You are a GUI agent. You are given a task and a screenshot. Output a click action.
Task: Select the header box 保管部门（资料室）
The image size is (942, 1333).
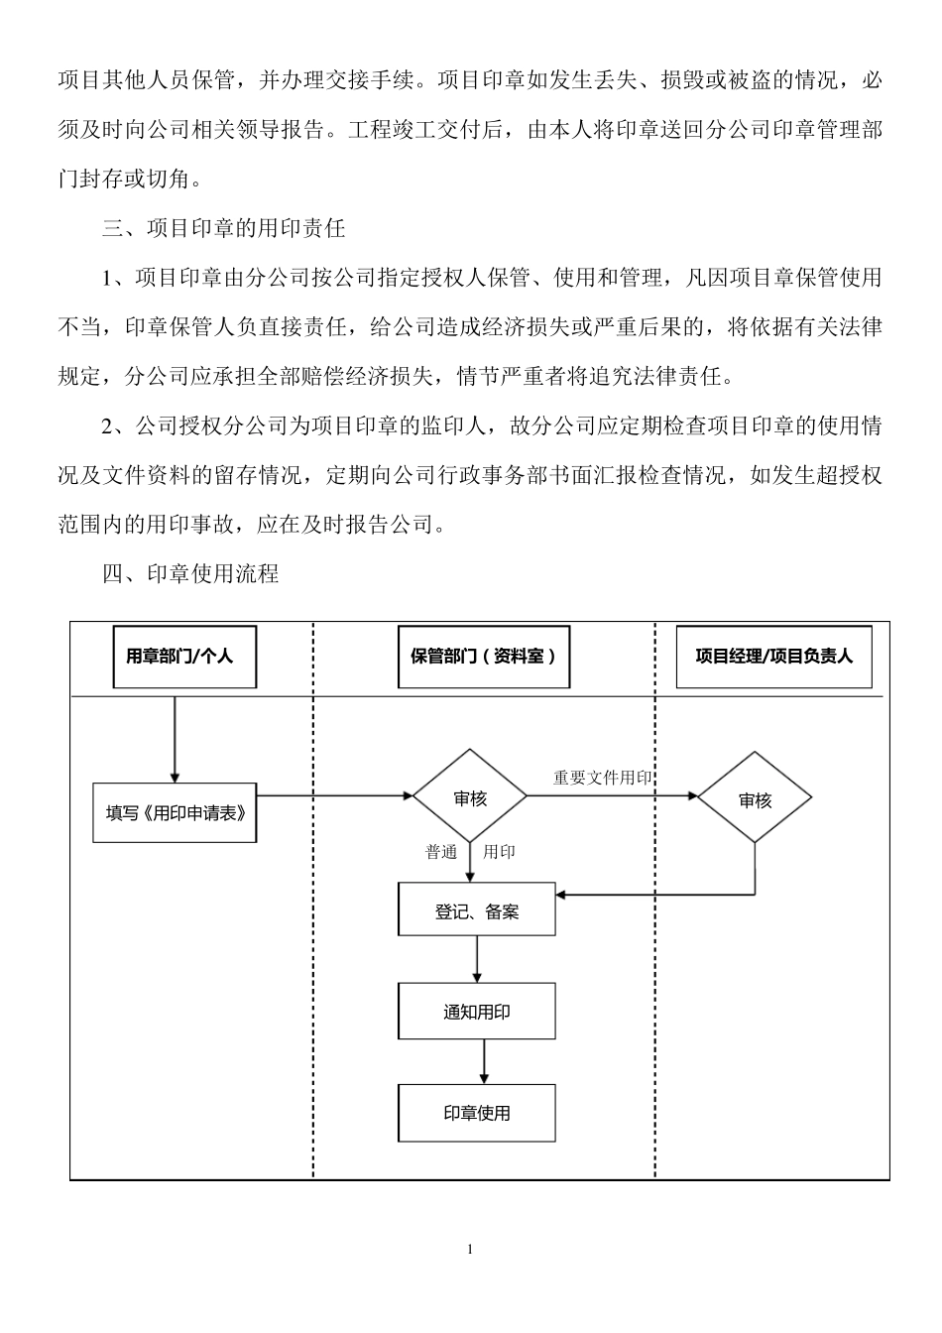pyautogui.click(x=483, y=656)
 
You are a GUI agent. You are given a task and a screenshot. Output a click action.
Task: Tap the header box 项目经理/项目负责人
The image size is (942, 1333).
pyautogui.click(x=773, y=656)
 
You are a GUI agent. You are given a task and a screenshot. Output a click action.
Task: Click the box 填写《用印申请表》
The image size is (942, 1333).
pyautogui.click(x=175, y=812)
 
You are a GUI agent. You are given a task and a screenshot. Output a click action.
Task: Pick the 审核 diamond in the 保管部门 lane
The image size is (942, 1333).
pyautogui.click(x=470, y=797)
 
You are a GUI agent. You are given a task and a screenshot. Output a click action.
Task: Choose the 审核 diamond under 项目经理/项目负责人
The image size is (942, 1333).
pyautogui.click(x=755, y=798)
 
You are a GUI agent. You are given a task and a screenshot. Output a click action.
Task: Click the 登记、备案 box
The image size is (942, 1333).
pyautogui.click(x=476, y=909)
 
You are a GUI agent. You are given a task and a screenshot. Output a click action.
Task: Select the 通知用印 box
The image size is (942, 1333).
pyautogui.click(x=476, y=1012)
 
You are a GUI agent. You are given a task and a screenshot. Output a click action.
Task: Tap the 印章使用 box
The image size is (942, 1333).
pyautogui.click(x=476, y=1113)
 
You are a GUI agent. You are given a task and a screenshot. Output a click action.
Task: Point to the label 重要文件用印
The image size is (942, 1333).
pyautogui.click(x=602, y=778)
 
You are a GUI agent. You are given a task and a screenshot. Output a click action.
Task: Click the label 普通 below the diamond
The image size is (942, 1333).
pyautogui.click(x=441, y=852)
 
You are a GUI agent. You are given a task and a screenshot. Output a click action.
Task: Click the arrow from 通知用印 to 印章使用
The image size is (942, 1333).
pyautogui.click(x=484, y=1061)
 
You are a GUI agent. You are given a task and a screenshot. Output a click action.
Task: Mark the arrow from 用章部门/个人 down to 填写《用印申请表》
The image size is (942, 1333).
pyautogui.click(x=175, y=739)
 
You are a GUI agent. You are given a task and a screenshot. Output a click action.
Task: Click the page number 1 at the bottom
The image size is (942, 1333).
pyautogui.click(x=470, y=1249)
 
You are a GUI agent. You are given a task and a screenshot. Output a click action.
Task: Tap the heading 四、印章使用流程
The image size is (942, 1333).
pyautogui.click(x=190, y=573)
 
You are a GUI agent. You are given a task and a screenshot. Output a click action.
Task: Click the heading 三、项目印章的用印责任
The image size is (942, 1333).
pyautogui.click(x=223, y=228)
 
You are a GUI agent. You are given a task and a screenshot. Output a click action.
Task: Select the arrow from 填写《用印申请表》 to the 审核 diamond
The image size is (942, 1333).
pyautogui.click(x=334, y=795)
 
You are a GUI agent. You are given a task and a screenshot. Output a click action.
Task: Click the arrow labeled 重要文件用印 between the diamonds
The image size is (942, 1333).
pyautogui.click(x=625, y=795)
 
